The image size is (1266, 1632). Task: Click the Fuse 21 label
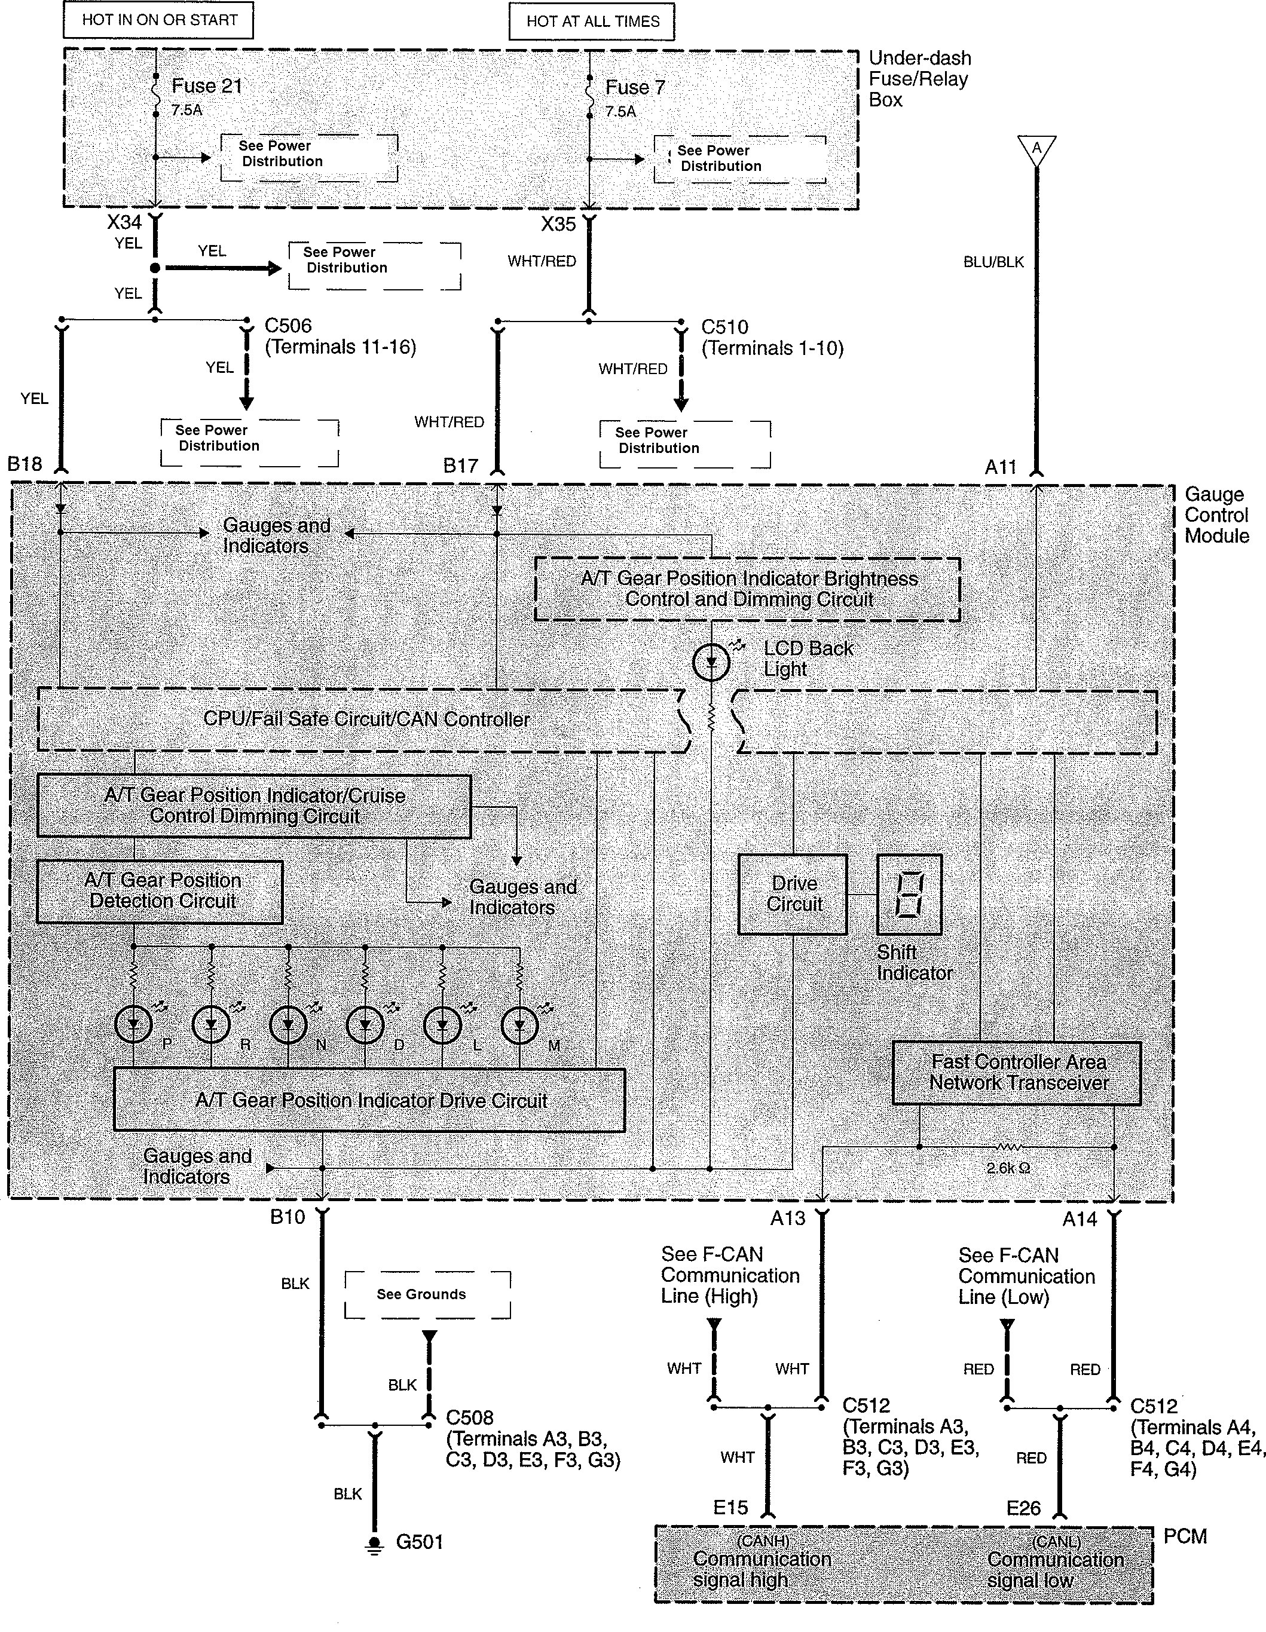click(207, 87)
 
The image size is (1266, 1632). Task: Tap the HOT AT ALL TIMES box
click(592, 22)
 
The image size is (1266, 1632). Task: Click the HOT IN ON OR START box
click(158, 20)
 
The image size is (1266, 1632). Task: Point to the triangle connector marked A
click(1036, 149)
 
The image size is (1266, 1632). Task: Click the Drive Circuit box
click(793, 895)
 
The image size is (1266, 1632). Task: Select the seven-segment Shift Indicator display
click(909, 895)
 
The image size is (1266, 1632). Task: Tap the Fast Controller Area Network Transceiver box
click(1017, 1073)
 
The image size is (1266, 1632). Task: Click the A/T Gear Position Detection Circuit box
click(160, 892)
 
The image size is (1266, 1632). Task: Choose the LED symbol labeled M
click(519, 1025)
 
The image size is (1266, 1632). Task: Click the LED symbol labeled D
click(365, 1025)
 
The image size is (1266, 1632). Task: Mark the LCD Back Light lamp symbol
click(711, 662)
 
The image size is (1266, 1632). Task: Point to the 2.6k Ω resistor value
click(1008, 1168)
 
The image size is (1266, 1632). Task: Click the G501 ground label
click(419, 1542)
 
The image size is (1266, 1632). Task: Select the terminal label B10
click(288, 1217)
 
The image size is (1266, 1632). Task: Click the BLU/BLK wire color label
click(993, 262)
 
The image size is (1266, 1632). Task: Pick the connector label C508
click(469, 1417)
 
